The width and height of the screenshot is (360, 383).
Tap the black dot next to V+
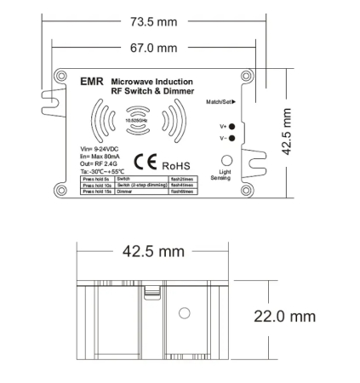click(x=231, y=126)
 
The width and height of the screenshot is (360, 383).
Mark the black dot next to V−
click(x=231, y=138)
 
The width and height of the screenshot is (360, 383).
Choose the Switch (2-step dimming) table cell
click(x=140, y=186)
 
